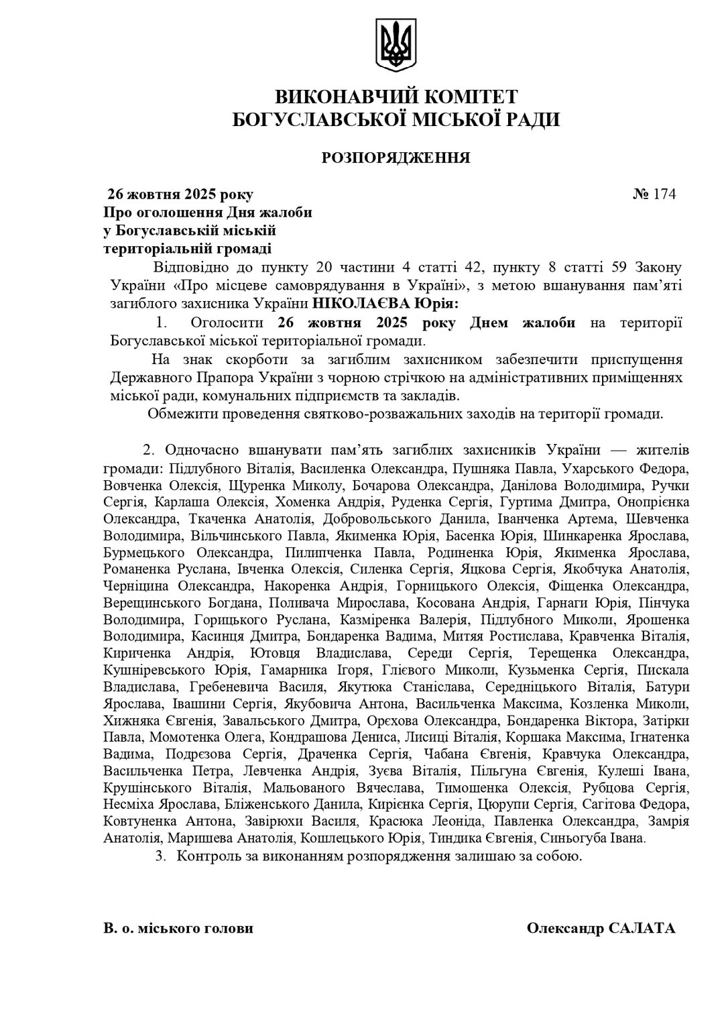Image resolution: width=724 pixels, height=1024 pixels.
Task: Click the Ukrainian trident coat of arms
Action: [x=396, y=45]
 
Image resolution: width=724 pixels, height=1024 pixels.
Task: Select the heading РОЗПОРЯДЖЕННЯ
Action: [x=396, y=158]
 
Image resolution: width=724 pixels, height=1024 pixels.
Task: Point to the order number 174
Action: [x=664, y=194]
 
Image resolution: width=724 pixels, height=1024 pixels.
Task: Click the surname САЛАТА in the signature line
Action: [x=642, y=929]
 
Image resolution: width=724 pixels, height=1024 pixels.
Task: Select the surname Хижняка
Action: [x=133, y=721]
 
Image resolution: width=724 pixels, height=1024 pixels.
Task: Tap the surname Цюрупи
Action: [x=500, y=804]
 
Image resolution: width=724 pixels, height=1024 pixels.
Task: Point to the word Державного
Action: [x=145, y=378]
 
